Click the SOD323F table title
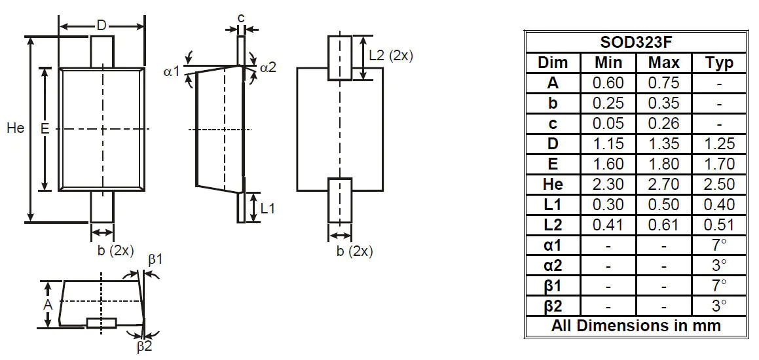coord(636,43)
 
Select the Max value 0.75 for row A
coord(663,83)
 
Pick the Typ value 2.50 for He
coord(719,185)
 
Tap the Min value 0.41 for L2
coord(608,225)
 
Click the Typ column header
coord(719,63)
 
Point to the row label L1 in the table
coord(553,205)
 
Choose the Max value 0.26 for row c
coord(663,124)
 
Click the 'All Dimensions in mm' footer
coord(636,326)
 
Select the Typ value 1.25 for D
coord(719,144)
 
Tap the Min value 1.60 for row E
coord(608,164)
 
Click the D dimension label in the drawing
coord(102,26)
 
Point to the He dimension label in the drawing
coord(15,128)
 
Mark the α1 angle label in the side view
coord(171,71)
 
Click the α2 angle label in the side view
coord(268,67)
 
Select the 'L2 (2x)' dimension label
coord(391,56)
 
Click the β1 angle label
coord(155,260)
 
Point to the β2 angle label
coord(144,347)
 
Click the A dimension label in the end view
coord(47,305)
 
